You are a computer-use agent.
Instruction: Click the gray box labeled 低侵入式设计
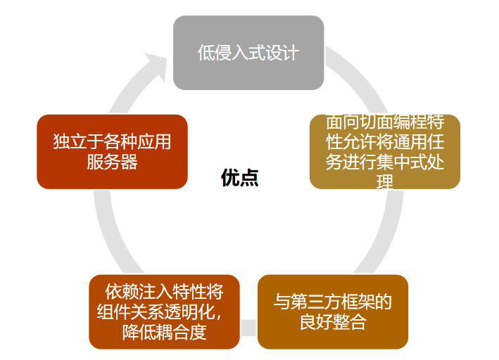click(x=248, y=53)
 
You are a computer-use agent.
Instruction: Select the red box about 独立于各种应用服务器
click(x=112, y=151)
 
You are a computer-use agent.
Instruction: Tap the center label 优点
click(x=240, y=178)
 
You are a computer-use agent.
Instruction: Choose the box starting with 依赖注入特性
click(x=164, y=311)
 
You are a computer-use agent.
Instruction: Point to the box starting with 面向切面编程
click(x=384, y=151)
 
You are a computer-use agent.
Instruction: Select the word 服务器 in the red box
click(x=112, y=162)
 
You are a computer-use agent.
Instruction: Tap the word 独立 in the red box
click(x=70, y=142)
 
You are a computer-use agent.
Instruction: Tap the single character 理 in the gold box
click(x=384, y=182)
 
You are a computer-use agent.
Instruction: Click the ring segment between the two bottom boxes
click(x=248, y=326)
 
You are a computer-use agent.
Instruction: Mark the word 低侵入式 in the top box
click(x=231, y=53)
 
